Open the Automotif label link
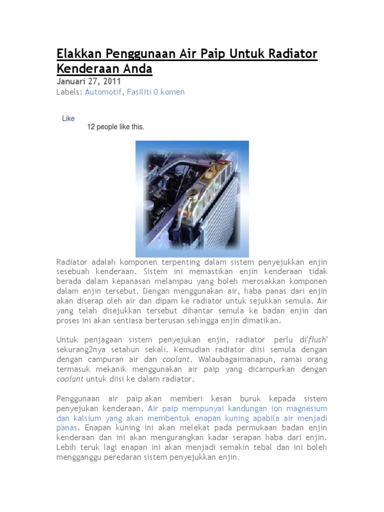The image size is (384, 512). [103, 92]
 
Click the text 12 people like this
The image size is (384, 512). [115, 127]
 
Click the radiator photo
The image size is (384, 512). [192, 199]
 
